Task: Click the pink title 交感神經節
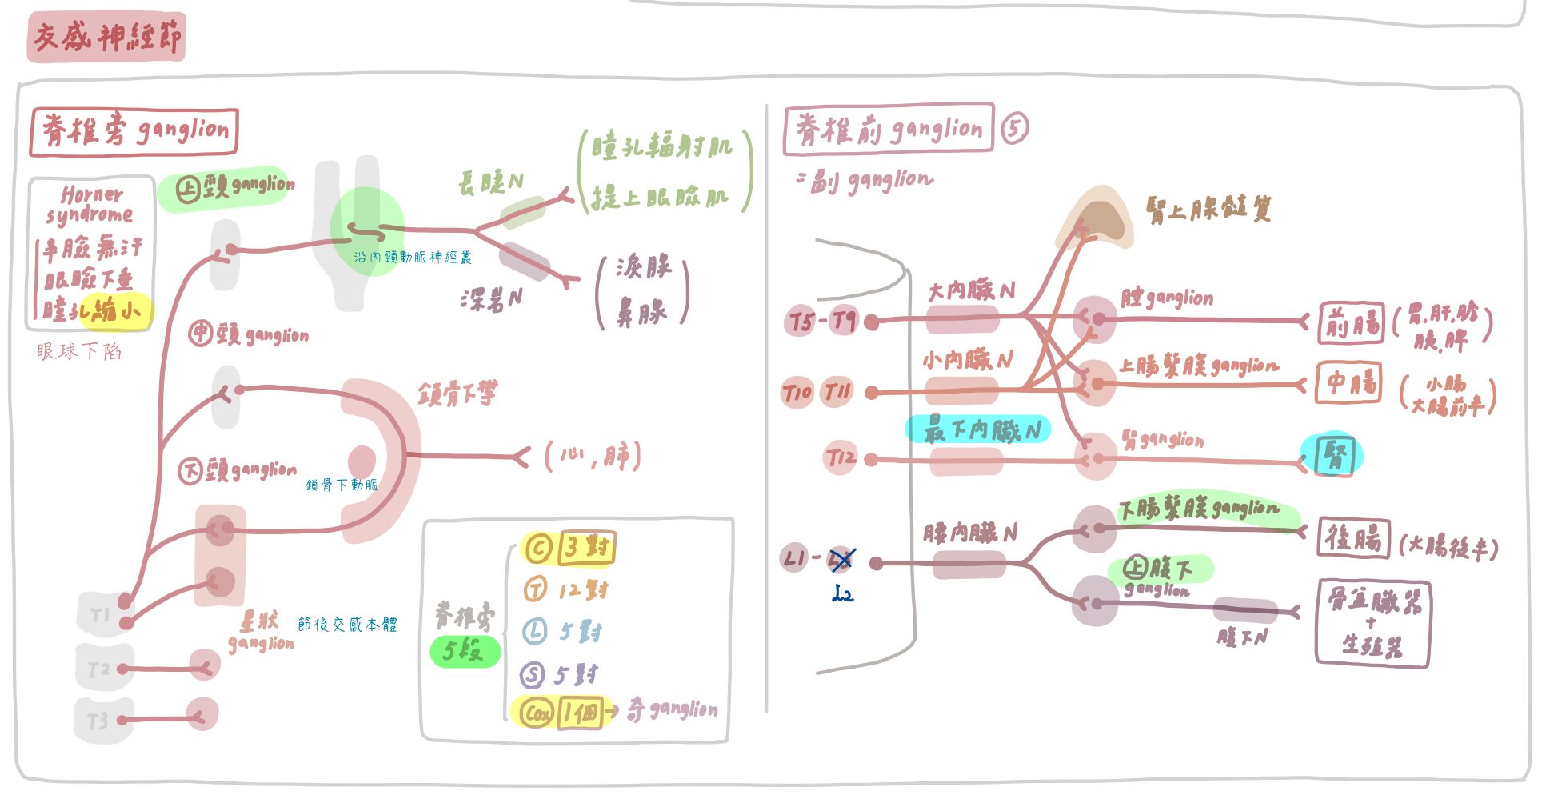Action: tap(106, 37)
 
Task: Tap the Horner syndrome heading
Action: tap(90, 205)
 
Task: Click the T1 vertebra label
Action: tap(100, 615)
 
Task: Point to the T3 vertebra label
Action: tap(97, 721)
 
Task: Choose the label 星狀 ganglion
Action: tap(261, 632)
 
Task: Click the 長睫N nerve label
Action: tap(490, 183)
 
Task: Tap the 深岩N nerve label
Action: tap(490, 300)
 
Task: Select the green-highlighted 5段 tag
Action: tap(465, 651)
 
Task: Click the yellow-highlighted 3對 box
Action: tap(587, 549)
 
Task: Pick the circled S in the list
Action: tap(533, 675)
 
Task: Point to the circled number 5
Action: tap(1014, 128)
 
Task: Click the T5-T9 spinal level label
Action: tap(822, 322)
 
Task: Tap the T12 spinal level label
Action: tap(840, 458)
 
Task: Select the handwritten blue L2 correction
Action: tap(842, 594)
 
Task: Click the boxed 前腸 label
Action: tap(1352, 323)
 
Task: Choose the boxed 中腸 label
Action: tap(1349, 383)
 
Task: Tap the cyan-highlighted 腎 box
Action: tap(1333, 456)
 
